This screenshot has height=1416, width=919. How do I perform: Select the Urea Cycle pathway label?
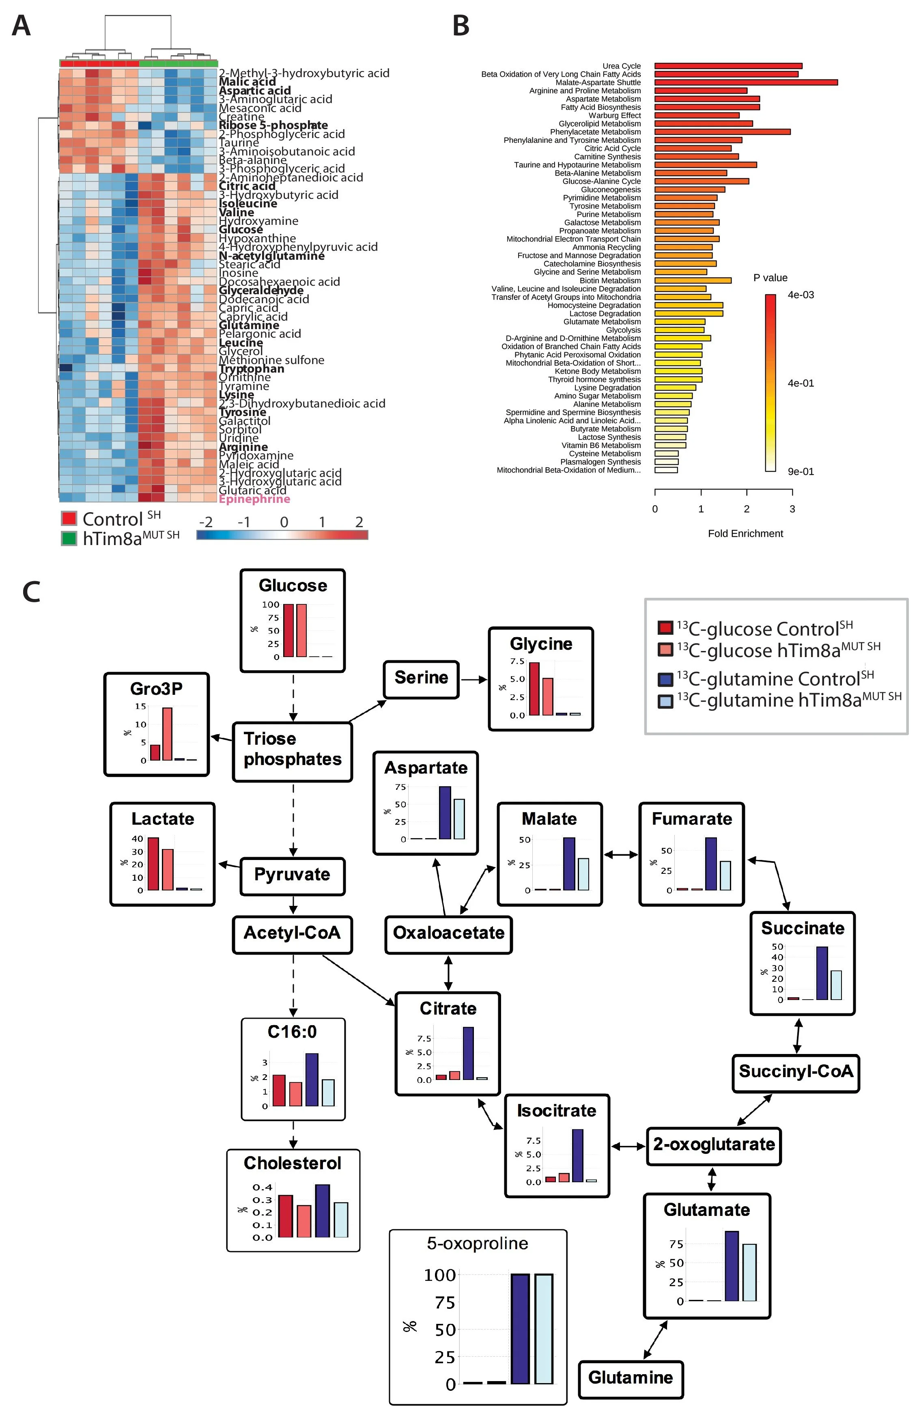621,66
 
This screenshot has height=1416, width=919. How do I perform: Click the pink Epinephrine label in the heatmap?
254,499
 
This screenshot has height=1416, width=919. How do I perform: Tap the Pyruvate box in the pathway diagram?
292,875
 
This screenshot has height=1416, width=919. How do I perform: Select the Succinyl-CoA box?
795,1071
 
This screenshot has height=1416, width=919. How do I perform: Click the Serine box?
421,678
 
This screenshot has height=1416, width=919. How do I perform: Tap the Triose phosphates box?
292,749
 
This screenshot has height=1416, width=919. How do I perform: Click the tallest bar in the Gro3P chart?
167,734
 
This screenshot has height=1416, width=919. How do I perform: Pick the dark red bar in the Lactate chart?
153,864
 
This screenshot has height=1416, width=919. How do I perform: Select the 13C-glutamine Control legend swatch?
665,679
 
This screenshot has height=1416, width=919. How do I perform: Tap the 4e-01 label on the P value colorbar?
800,383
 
